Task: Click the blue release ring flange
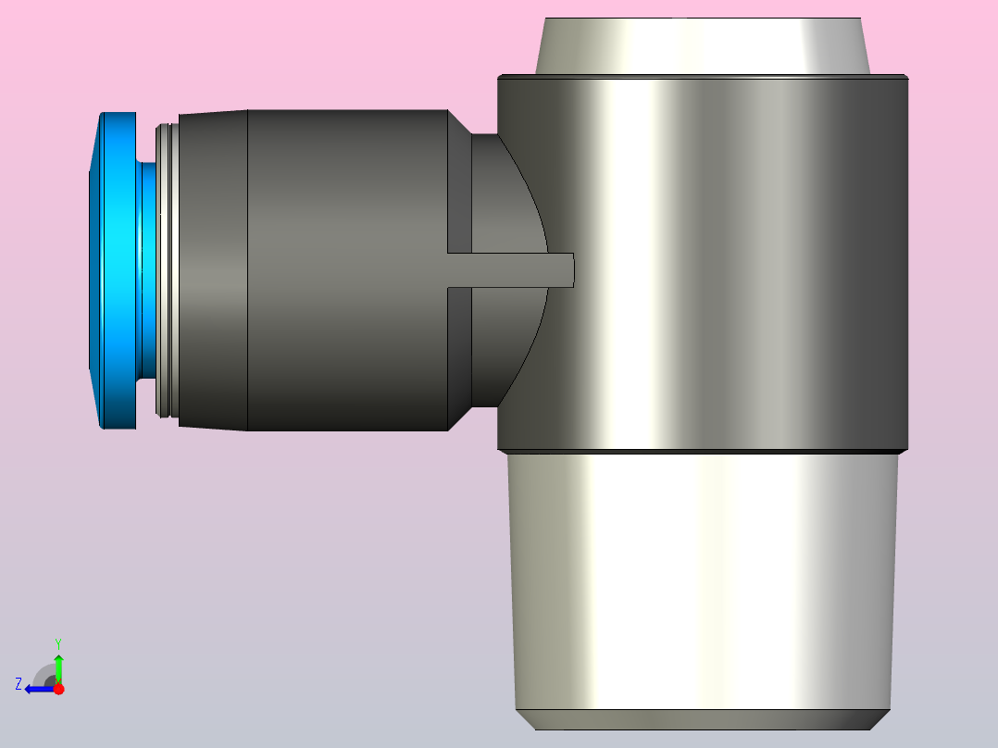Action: coord(119,270)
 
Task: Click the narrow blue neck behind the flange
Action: coord(148,270)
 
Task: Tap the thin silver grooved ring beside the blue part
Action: coord(168,270)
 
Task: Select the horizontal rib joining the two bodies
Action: coord(510,270)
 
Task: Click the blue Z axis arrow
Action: coord(40,689)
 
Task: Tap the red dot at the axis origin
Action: coord(58,689)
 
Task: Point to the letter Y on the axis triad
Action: coord(58,644)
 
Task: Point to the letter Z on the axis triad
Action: coord(19,684)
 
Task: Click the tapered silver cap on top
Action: coord(703,46)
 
